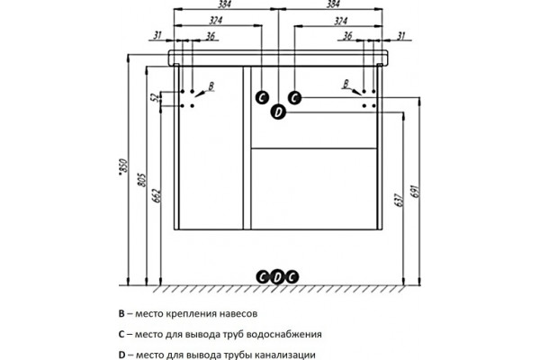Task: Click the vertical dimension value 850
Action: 123,167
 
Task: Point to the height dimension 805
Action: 142,180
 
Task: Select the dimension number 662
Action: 157,195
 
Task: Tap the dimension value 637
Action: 399,200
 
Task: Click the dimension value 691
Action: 415,191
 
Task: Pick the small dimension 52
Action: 156,97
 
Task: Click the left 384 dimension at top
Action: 224,4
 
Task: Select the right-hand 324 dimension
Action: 340,21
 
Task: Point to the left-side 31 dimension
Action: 157,35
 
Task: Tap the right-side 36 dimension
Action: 347,35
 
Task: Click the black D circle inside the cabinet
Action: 278,112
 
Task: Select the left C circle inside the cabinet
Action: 262,98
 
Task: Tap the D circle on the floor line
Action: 277,277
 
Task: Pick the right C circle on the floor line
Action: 292,277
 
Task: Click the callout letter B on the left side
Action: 211,85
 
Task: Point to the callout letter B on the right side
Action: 346,84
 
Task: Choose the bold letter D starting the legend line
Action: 121,355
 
